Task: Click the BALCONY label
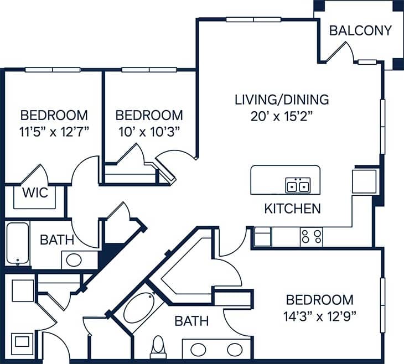tap(360, 30)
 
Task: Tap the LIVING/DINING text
tap(282, 100)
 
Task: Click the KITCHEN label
tap(292, 209)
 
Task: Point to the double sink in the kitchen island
tap(298, 185)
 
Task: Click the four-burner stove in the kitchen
tap(311, 237)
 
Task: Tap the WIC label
tap(35, 194)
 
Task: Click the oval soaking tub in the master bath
tap(141, 308)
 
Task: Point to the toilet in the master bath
tap(158, 346)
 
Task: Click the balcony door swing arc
tap(344, 51)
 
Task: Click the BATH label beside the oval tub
tap(191, 321)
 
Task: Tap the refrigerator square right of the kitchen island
tap(364, 181)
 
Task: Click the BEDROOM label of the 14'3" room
tap(319, 300)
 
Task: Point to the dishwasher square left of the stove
tap(262, 237)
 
